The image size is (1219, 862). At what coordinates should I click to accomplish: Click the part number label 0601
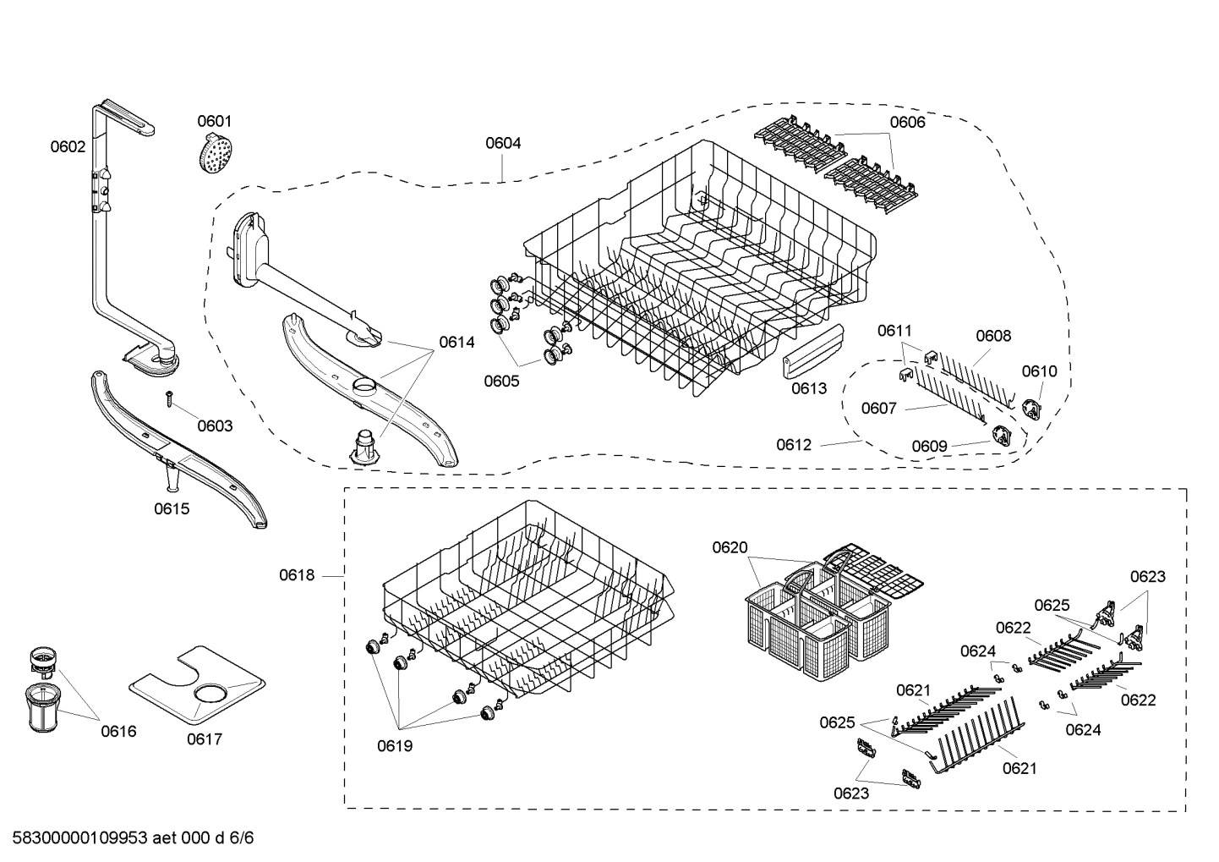(214, 122)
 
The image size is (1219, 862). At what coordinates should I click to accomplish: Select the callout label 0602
(68, 146)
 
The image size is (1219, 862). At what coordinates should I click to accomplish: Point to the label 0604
(503, 143)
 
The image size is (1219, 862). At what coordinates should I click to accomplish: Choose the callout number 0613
(809, 388)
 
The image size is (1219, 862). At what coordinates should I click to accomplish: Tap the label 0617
(204, 739)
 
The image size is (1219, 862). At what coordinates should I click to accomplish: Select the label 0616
(118, 732)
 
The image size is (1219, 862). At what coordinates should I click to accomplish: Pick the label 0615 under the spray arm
(172, 508)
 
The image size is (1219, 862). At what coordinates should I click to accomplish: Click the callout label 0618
(297, 575)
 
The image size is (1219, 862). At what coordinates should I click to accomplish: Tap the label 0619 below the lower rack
(395, 746)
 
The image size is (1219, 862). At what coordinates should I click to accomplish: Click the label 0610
(1039, 371)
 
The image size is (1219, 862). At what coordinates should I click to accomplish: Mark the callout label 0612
(794, 444)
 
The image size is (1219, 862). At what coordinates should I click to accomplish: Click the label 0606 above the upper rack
(907, 122)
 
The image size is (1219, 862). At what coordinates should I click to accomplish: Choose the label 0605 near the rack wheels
(501, 381)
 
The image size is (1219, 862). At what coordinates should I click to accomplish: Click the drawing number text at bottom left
(128, 838)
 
